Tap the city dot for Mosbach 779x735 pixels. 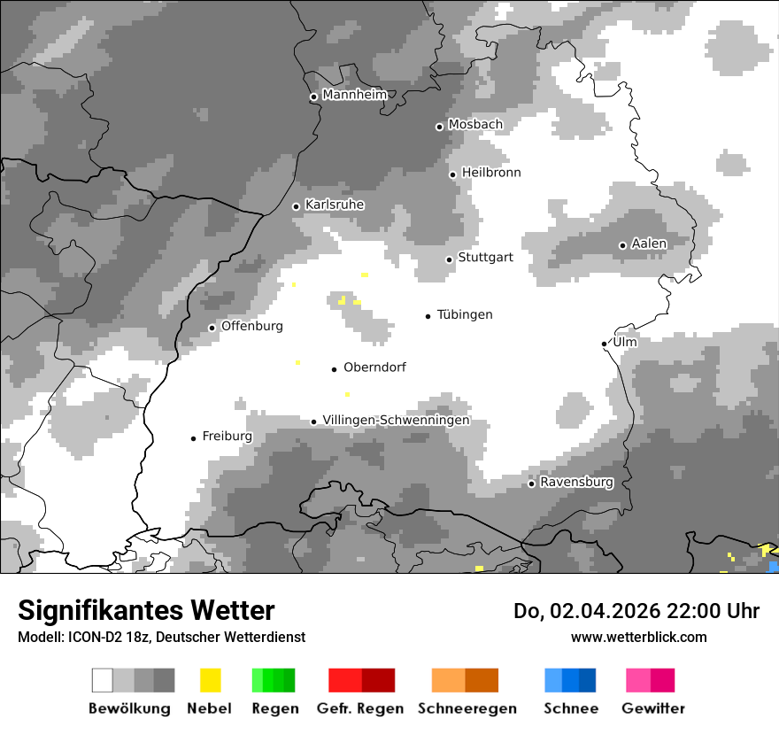pyautogui.click(x=439, y=127)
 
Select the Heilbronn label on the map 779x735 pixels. pyautogui.click(x=491, y=173)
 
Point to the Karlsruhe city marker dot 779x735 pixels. pyautogui.click(x=297, y=206)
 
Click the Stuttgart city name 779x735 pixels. pyautogui.click(x=485, y=258)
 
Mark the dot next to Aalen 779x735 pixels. pyautogui.click(x=622, y=245)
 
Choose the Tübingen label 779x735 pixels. pyautogui.click(x=465, y=314)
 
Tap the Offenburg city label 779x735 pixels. pyautogui.click(x=252, y=326)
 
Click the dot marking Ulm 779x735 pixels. pyautogui.click(x=604, y=344)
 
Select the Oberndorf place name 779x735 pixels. pyautogui.click(x=374, y=367)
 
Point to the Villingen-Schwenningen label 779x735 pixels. pyautogui.click(x=396, y=420)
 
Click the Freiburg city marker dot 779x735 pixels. pyautogui.click(x=193, y=438)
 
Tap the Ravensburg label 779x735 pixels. pyautogui.click(x=576, y=483)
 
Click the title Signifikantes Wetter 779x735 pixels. pyautogui.click(x=146, y=610)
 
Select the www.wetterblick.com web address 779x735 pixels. pyautogui.click(x=638, y=637)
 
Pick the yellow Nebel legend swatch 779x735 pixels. pyautogui.click(x=210, y=680)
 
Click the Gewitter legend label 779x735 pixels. pyautogui.click(x=652, y=708)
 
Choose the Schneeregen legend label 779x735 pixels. pyautogui.click(x=467, y=708)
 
